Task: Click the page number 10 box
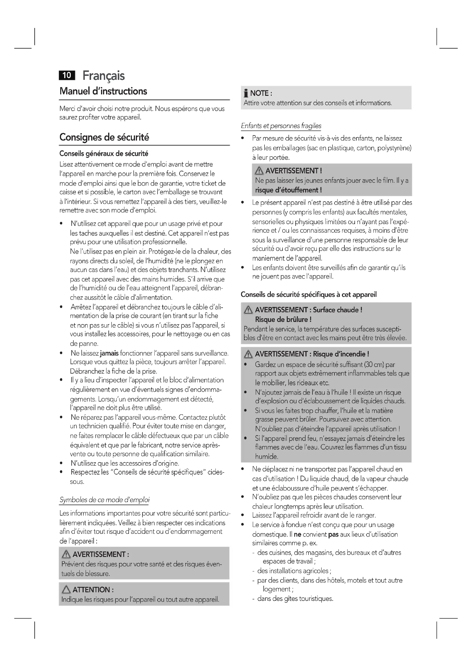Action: point(67,75)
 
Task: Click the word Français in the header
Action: point(104,76)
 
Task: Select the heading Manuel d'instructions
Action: point(103,91)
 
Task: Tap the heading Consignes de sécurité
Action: point(104,137)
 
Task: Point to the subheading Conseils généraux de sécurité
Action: point(104,153)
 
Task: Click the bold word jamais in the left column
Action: point(109,353)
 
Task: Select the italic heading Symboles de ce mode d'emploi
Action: point(104,500)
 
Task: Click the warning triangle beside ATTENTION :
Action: point(66,589)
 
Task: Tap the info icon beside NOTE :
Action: point(246,93)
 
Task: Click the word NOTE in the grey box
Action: point(259,93)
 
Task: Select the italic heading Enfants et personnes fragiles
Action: point(281,126)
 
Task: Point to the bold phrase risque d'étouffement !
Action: point(288,190)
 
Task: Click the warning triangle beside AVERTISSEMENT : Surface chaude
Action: point(248,310)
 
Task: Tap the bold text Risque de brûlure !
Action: point(283,320)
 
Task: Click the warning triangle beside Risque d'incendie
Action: point(248,354)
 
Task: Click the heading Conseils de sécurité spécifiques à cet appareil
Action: point(309,295)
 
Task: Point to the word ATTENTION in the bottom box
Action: point(91,589)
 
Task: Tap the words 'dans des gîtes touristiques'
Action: point(295,599)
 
